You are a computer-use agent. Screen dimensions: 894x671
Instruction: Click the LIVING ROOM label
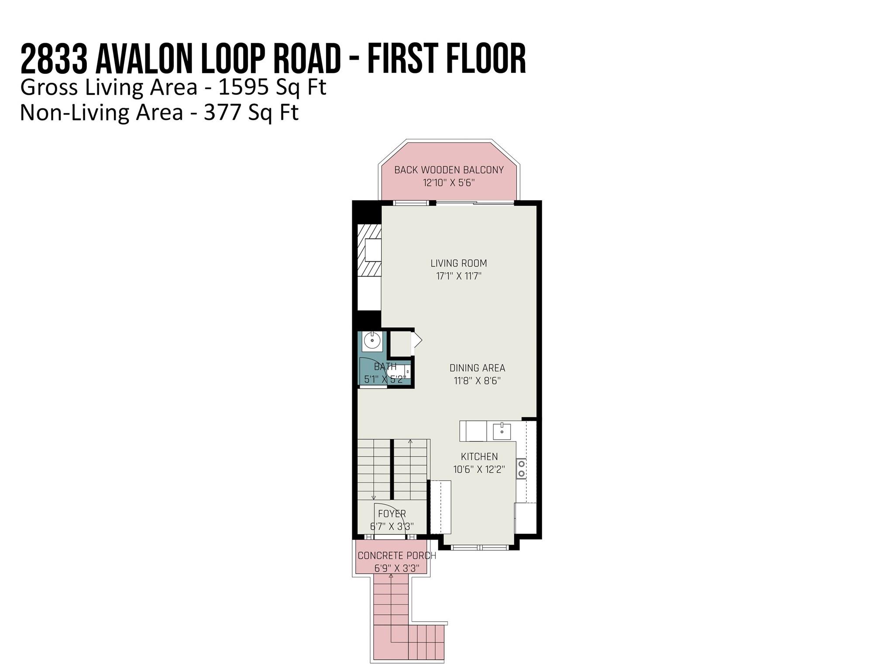click(458, 263)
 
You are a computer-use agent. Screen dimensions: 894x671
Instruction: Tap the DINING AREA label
click(477, 368)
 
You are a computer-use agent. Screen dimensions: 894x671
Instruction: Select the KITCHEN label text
click(479, 457)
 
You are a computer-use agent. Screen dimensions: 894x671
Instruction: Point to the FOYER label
click(392, 514)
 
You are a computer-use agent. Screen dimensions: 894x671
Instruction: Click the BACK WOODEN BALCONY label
click(449, 170)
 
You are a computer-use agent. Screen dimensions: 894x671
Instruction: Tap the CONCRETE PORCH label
click(397, 556)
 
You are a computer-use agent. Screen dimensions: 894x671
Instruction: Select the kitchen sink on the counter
click(502, 432)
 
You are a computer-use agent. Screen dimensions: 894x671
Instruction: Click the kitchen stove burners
click(521, 469)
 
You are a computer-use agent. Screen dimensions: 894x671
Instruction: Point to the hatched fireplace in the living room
click(369, 250)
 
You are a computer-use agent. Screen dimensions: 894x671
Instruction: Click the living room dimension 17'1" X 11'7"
click(458, 276)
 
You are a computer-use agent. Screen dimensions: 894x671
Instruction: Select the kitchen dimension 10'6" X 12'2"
click(479, 469)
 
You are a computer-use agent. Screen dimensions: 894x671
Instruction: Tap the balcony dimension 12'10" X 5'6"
click(449, 183)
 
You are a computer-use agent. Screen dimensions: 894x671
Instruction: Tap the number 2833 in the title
click(54, 59)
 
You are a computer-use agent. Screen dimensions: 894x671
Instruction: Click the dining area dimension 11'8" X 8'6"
click(477, 381)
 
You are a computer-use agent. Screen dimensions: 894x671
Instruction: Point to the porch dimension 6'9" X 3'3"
click(397, 568)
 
